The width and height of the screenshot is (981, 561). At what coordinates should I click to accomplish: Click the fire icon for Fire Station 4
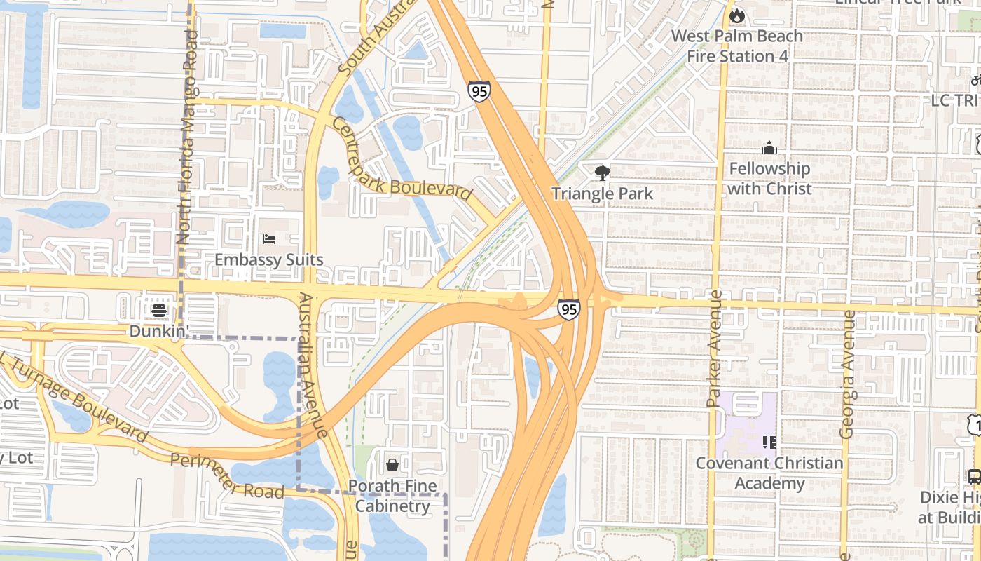click(736, 15)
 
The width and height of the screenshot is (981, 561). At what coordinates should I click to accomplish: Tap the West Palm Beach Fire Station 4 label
click(737, 46)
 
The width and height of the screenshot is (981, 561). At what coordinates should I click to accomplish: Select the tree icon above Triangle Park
click(602, 173)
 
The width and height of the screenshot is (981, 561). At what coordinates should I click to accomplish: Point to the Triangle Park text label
click(602, 194)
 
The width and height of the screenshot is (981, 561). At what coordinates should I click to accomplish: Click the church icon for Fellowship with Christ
click(769, 148)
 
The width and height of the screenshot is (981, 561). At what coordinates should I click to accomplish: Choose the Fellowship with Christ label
click(769, 179)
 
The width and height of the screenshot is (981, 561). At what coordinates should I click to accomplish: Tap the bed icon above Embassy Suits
click(269, 239)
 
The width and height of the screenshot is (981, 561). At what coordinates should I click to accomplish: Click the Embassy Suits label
click(269, 260)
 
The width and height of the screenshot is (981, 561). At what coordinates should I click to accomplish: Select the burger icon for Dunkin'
click(159, 310)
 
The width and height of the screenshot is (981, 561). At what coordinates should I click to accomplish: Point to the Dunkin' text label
click(159, 331)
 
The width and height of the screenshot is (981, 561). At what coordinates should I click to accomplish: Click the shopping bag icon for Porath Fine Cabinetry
click(392, 465)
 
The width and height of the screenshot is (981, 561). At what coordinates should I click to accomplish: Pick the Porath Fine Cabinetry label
click(392, 496)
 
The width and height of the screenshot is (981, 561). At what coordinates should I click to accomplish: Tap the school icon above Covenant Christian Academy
click(769, 442)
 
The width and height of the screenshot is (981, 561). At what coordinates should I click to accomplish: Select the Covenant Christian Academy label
click(769, 473)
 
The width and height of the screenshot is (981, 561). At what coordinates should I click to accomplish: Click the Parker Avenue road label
click(715, 349)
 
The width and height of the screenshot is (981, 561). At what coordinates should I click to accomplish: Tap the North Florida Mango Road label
click(188, 140)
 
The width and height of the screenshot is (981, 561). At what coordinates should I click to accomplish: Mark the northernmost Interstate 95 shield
click(479, 91)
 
